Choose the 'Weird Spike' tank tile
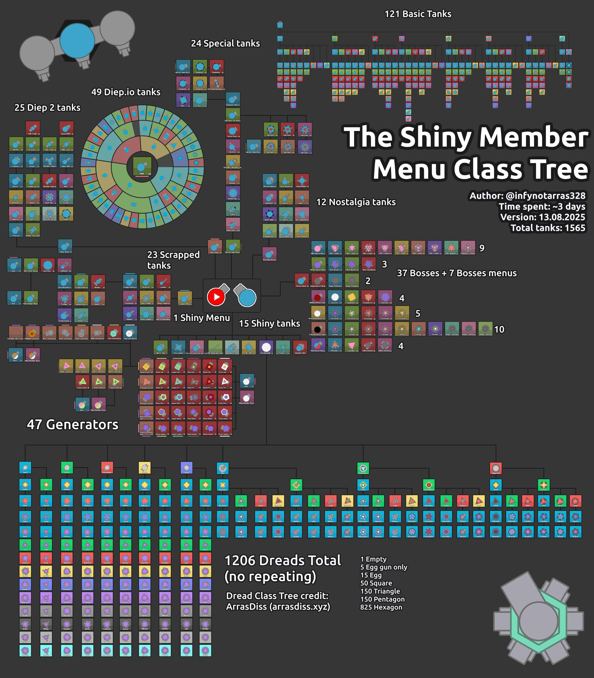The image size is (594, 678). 270,214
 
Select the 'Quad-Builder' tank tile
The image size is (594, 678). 302,181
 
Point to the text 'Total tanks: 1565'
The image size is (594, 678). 548,228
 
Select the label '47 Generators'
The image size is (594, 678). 73,424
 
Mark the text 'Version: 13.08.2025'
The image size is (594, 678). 543,217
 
